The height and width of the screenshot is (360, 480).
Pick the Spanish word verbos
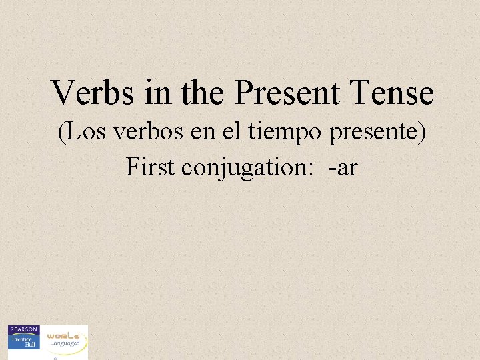pos(142,132)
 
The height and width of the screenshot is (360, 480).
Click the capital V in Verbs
pos(63,93)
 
